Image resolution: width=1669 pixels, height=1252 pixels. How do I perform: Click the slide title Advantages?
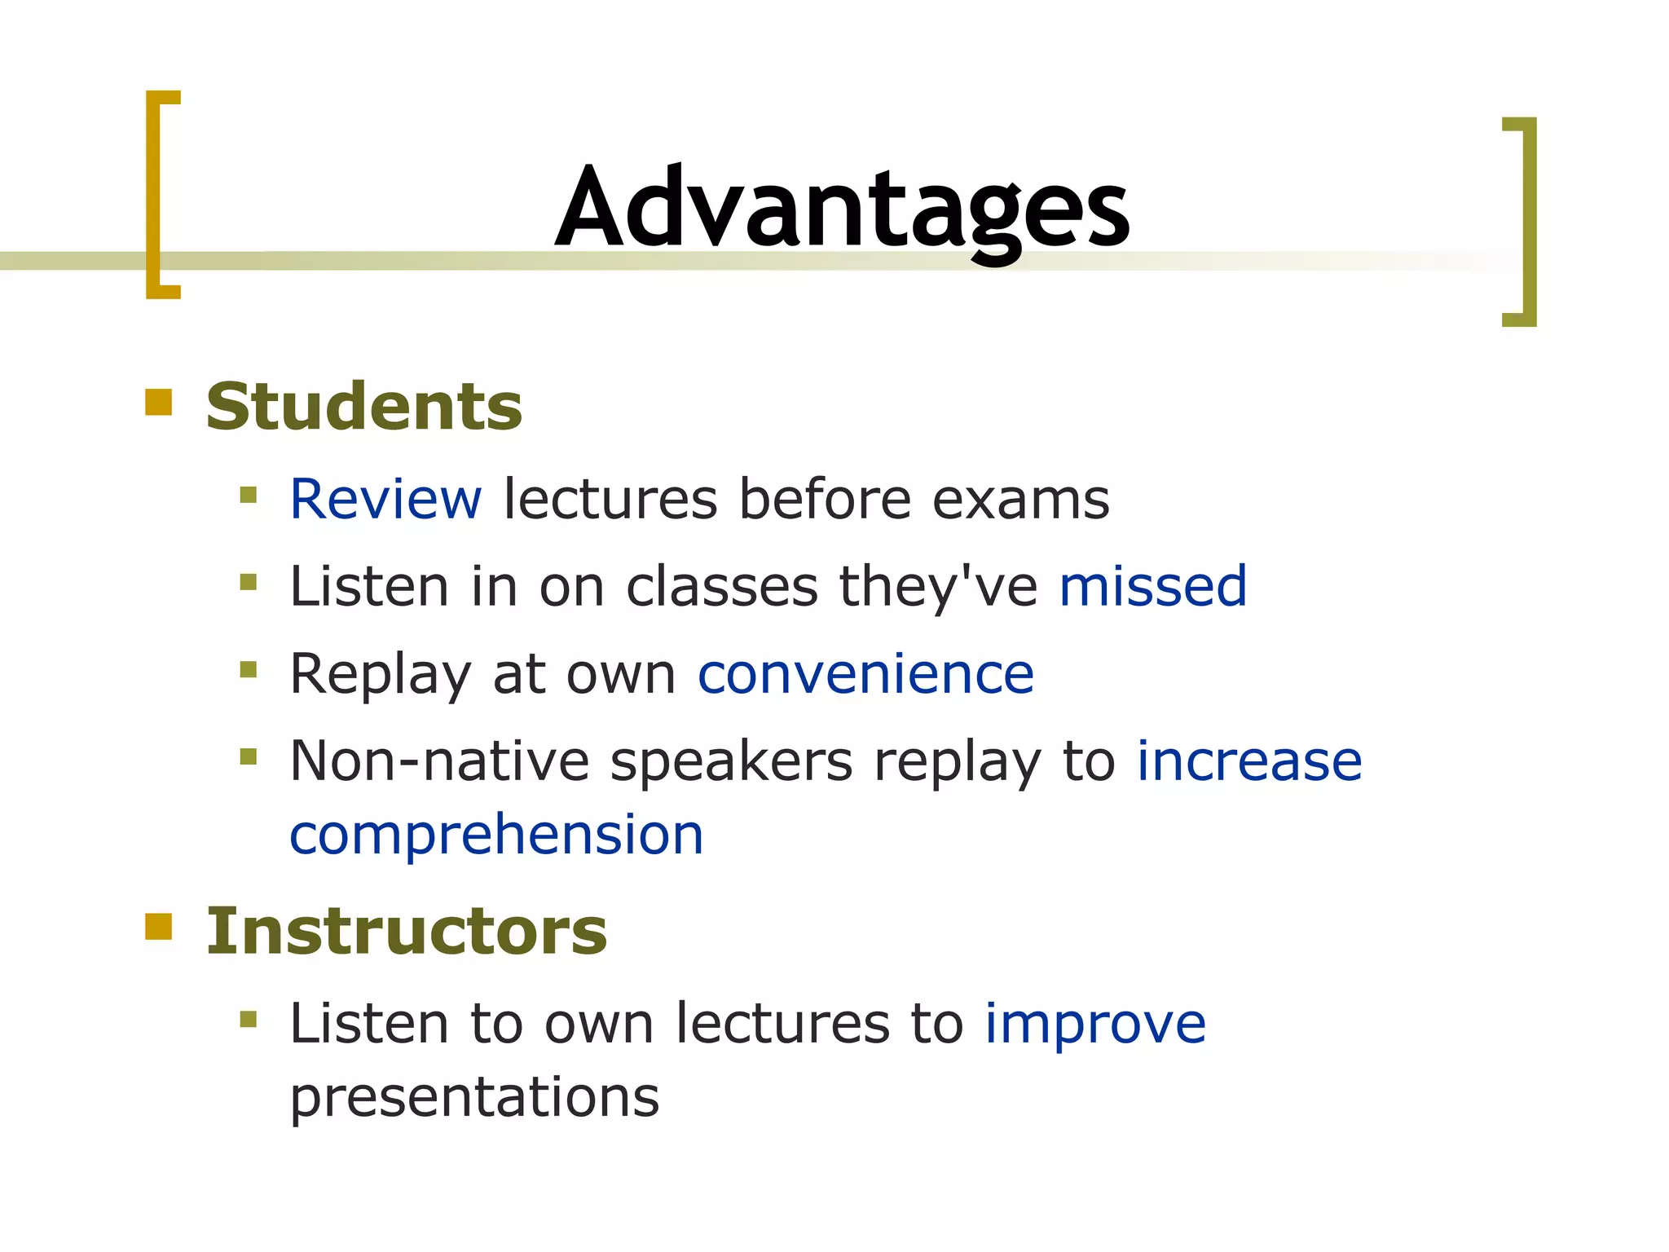tap(842, 208)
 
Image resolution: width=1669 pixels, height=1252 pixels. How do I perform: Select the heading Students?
tap(363, 407)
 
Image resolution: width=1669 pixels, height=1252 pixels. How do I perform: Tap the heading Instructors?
tap(406, 931)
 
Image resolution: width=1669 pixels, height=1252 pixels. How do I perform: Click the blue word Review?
tap(385, 499)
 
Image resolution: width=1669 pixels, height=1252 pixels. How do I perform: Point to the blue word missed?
tap(1152, 586)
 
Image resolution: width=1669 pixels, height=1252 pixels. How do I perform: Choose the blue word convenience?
tap(865, 674)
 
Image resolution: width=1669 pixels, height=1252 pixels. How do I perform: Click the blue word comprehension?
tap(496, 835)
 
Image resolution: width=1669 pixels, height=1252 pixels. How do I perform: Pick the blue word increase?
tap(1248, 761)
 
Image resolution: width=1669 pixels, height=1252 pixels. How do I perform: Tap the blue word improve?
tap(1094, 1024)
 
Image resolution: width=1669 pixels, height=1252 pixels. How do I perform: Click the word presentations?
tap(474, 1098)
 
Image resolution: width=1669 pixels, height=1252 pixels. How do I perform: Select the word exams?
tap(1020, 499)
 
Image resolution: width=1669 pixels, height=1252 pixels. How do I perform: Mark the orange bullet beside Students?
tap(159, 403)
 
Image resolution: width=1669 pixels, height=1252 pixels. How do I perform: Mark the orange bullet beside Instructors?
tap(159, 927)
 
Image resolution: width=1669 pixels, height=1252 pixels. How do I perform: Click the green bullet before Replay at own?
tap(249, 670)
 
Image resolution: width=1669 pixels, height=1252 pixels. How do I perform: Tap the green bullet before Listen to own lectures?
tap(249, 1019)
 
